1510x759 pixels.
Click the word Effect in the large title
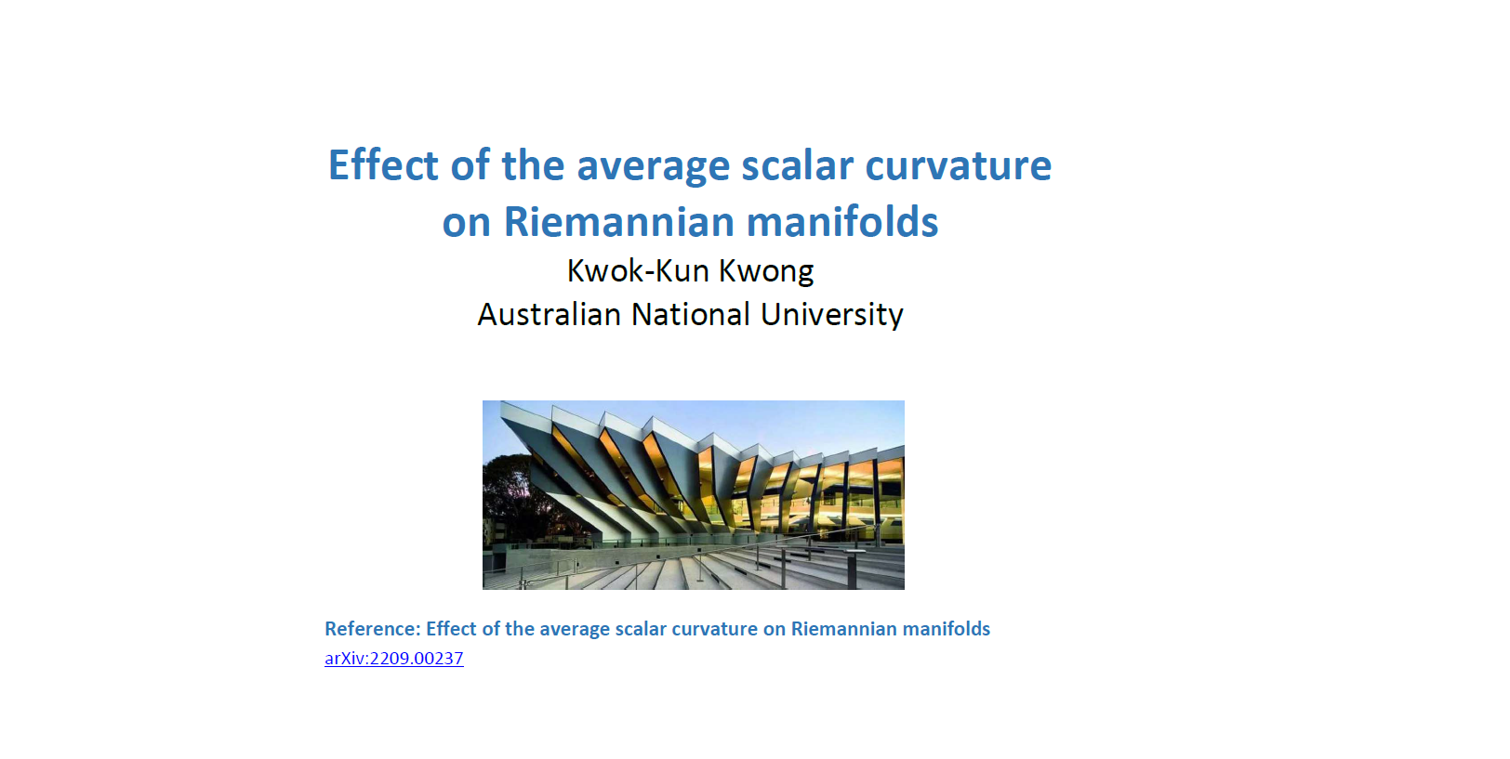coord(383,165)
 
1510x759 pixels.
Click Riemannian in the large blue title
coord(619,222)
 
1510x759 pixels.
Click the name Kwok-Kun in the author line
coord(638,271)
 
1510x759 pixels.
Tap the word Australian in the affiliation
coord(549,315)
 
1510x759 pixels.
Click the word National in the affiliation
coord(690,315)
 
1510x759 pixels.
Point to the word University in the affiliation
coord(832,316)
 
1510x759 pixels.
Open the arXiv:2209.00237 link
coord(394,658)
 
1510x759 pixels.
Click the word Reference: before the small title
coord(373,628)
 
